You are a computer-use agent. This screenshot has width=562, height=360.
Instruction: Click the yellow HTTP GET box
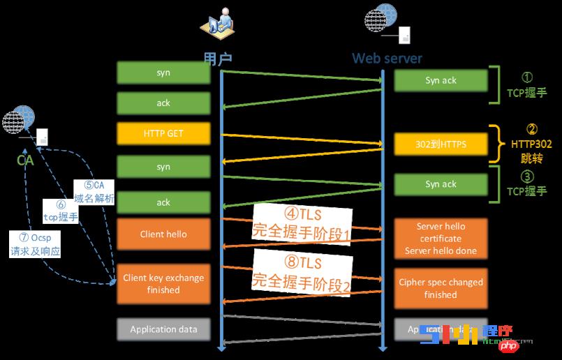pos(163,133)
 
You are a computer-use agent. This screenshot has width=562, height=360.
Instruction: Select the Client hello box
pos(163,234)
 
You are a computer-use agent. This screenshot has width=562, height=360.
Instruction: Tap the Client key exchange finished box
pos(163,283)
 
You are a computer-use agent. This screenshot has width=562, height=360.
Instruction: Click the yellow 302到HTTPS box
pos(441,144)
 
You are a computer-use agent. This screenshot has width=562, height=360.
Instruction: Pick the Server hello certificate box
pos(441,239)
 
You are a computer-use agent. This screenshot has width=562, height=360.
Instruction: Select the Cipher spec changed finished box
pos(441,288)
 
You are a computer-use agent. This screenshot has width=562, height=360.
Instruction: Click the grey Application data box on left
pos(163,329)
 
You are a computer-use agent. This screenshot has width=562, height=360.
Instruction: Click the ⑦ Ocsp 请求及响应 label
pos(36,245)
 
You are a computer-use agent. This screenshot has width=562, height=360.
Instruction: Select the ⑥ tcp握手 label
pos(61,211)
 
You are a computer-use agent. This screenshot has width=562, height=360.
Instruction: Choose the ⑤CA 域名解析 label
pos(94,192)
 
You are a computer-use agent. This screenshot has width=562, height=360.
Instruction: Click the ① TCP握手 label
pos(527,86)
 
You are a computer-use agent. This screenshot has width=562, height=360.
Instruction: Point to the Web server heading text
pos(387,58)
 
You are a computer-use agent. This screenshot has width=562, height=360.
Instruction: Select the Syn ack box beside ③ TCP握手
pos(441,184)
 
